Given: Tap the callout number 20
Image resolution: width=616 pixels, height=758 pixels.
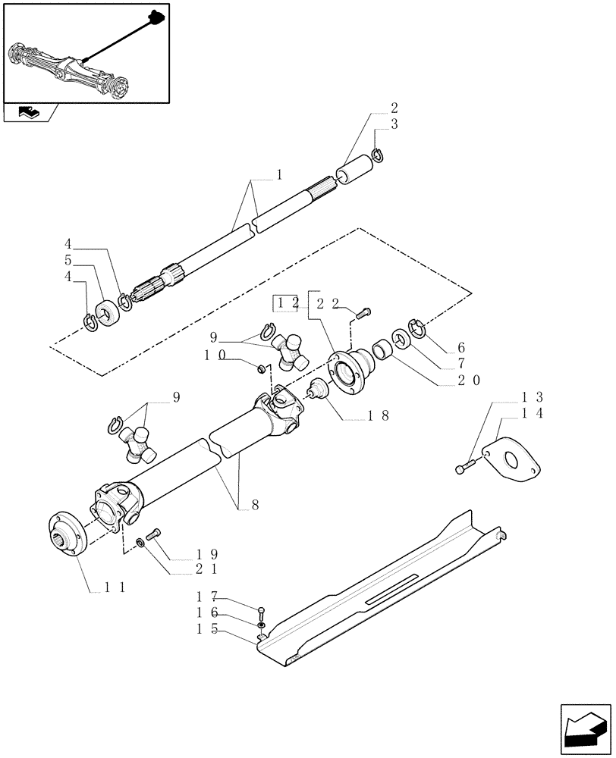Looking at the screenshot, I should point(467,381).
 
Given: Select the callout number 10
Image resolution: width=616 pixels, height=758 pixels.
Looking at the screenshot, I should point(214,355).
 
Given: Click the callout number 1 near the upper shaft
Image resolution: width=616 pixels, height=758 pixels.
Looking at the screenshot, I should point(279,175).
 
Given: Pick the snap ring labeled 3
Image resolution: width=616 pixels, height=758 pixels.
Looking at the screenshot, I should point(379,157).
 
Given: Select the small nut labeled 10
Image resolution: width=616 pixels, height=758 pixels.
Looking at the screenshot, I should point(260,368).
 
